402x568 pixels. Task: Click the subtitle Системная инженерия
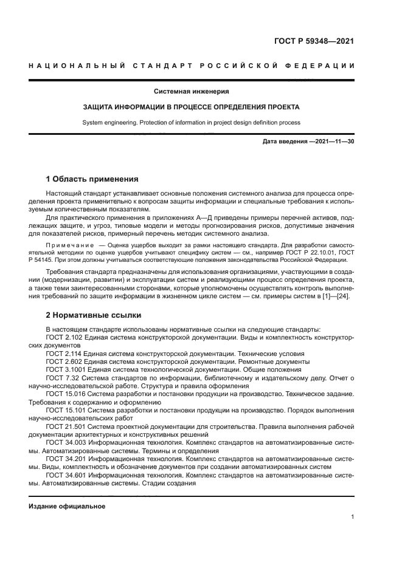point(191,92)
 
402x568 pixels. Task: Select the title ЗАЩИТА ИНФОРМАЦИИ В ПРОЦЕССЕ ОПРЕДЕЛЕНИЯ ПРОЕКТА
point(191,107)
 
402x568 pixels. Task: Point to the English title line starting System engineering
point(191,122)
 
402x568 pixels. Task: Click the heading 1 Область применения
point(92,179)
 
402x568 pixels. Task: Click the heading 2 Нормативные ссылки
point(94,315)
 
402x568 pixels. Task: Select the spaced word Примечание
point(71,243)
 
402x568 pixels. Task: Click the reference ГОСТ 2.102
point(63,337)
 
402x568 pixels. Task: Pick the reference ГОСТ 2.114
point(63,353)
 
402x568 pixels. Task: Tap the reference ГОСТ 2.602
point(63,361)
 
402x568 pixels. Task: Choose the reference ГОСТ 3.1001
point(64,369)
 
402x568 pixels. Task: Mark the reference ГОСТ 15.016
point(64,394)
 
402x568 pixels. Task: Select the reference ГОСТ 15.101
point(64,411)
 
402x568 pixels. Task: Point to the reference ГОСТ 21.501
point(64,427)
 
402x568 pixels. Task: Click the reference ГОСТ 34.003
point(64,443)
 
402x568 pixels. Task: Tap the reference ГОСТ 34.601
point(64,476)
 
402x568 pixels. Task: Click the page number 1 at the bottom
point(352,517)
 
